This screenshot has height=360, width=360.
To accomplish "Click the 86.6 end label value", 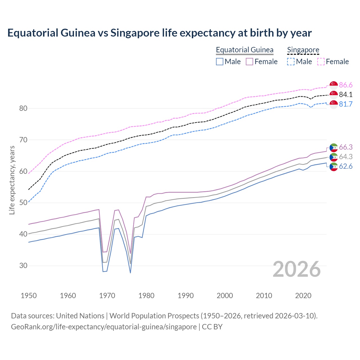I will click(346, 85).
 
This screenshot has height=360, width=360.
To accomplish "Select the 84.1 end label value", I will click(346, 95).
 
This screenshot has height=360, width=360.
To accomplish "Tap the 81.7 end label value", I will click(346, 104).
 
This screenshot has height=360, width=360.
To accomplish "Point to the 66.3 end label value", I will click(346, 147).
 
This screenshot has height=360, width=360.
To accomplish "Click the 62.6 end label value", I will click(346, 166).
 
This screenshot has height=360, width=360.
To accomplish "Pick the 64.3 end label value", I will click(346, 157).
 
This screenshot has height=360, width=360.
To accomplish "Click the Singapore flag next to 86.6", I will click(334, 85).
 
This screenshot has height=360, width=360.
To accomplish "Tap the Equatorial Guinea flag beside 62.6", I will click(334, 166).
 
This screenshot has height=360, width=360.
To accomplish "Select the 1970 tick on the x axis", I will click(107, 296).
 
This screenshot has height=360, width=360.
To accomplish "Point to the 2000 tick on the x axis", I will click(225, 296).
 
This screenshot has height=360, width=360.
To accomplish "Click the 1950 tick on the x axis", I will click(29, 296).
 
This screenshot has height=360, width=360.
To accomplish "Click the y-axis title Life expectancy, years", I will click(12, 180).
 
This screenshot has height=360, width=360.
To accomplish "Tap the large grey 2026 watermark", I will click(296, 269).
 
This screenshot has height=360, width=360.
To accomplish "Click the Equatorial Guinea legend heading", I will click(244, 50).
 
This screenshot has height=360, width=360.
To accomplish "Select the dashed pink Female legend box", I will click(321, 62).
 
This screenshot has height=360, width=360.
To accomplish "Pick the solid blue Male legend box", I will click(220, 62).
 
